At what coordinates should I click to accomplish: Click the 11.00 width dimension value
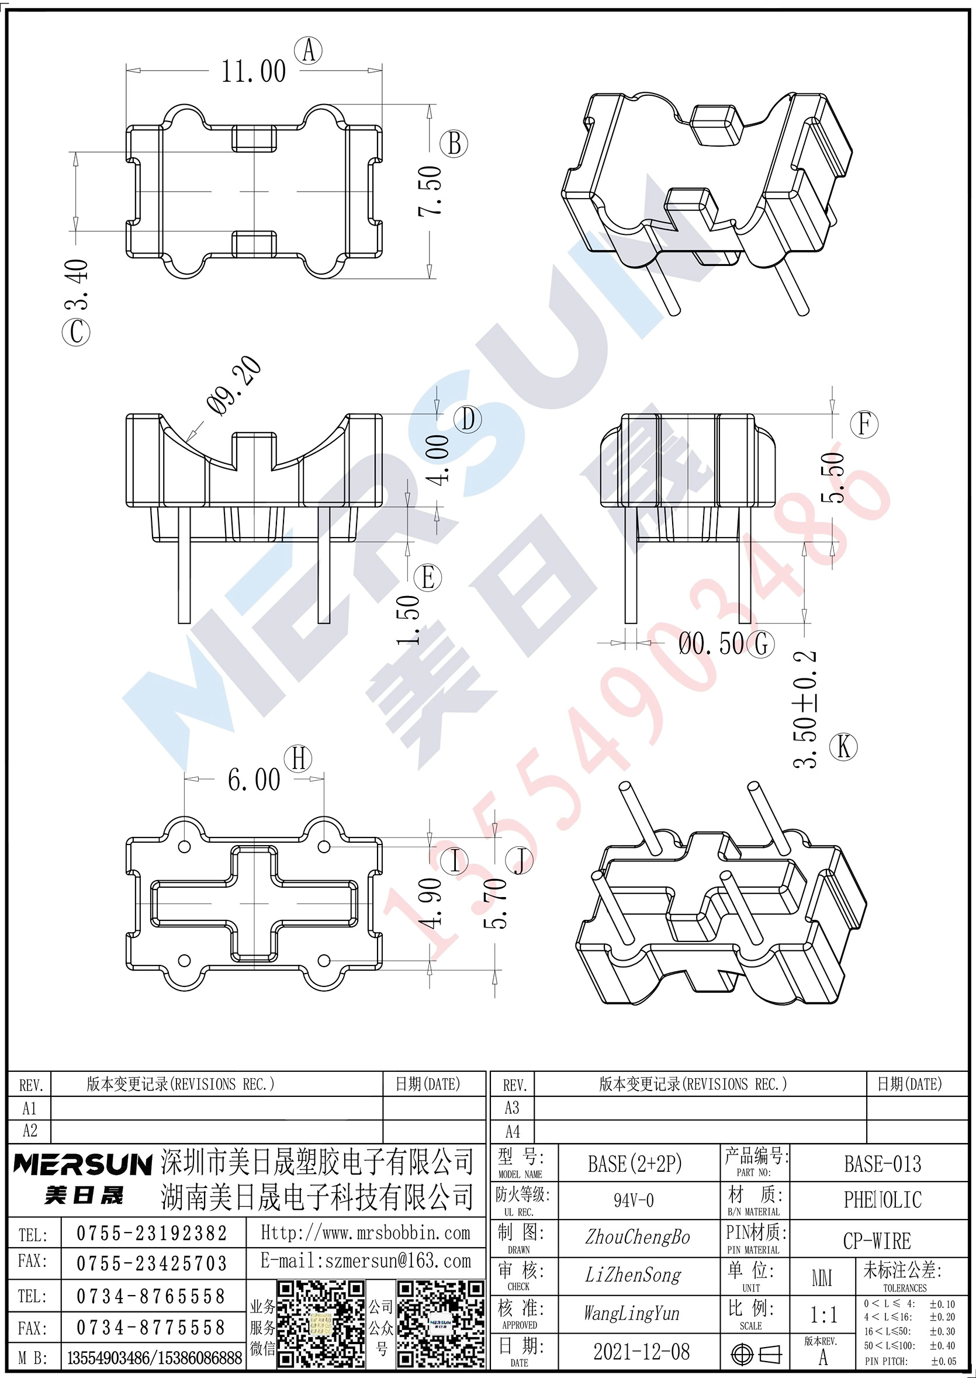pos(254,71)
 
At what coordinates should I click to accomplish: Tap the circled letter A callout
pos(309,50)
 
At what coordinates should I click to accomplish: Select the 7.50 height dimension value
pos(430,191)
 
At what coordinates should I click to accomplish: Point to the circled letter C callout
pos(77,332)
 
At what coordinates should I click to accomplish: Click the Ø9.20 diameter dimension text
pos(234,385)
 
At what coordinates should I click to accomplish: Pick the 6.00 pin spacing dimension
pos(254,780)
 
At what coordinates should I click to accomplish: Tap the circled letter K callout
pos(843,747)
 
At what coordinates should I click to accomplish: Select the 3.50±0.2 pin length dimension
pos(806,708)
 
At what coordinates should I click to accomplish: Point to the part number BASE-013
pos(882,1164)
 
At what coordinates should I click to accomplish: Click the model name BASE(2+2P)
pos(635,1164)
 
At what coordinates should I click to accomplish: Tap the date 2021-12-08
pos(641,1352)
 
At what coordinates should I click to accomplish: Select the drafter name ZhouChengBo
pos(638,1237)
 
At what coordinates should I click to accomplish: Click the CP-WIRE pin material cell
pos(877,1241)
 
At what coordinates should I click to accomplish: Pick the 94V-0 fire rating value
pos(634,1201)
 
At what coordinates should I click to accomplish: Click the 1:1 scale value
pos(823,1315)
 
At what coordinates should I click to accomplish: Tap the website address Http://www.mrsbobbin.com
pos(365,1233)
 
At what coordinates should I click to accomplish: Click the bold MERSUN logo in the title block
pos(83,1164)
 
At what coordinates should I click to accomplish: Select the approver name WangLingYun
pos(632,1314)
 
